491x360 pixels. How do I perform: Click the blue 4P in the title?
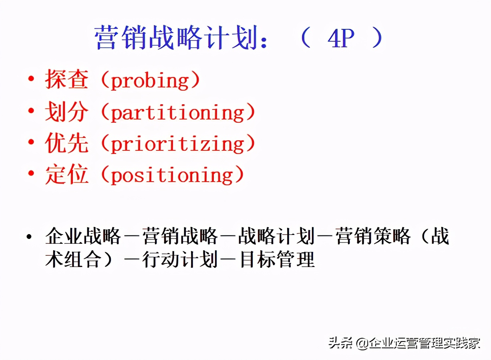(341, 38)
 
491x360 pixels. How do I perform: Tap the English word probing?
(150, 81)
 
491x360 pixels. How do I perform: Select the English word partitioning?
(177, 113)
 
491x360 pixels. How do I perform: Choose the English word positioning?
(172, 175)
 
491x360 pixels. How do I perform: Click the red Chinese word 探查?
(66, 79)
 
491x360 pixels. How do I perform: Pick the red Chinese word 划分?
(66, 111)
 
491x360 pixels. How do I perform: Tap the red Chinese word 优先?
(66, 143)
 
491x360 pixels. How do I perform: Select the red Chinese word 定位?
(66, 174)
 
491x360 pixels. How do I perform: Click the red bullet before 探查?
(31, 79)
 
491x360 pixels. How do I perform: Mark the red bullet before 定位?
(31, 173)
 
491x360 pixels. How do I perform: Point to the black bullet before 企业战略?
(29, 237)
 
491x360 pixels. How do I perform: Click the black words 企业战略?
(83, 236)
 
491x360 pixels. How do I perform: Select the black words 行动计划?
(180, 259)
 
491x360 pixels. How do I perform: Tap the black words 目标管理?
(277, 259)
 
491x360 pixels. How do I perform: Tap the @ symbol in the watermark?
(362, 343)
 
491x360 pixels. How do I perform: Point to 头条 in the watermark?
(341, 343)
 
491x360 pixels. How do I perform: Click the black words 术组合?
(73, 259)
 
